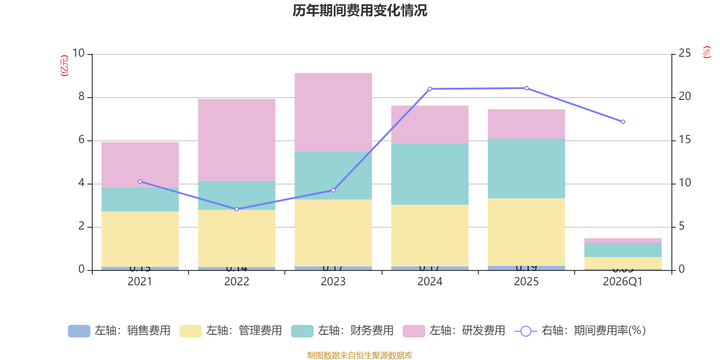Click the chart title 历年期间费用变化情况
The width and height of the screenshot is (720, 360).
tap(360, 11)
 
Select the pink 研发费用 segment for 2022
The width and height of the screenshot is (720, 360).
tap(237, 139)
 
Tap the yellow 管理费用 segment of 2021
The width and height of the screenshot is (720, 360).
tap(140, 239)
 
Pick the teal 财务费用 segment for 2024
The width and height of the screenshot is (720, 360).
tap(430, 174)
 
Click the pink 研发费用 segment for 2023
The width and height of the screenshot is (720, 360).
tap(333, 112)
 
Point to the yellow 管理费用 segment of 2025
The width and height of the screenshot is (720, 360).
tap(526, 232)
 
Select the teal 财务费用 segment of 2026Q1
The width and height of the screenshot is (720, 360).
tap(623, 250)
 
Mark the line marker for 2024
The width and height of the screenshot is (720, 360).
tap(430, 89)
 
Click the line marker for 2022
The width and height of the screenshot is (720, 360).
tap(237, 209)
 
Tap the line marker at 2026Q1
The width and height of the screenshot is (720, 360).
tap(623, 122)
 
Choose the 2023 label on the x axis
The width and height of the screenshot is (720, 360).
tap(333, 282)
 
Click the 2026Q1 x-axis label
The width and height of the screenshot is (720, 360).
tap(623, 282)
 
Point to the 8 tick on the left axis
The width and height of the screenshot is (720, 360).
tap(81, 97)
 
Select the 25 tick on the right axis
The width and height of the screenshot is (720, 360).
tap(684, 54)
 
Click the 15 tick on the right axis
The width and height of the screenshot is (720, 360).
tap(684, 140)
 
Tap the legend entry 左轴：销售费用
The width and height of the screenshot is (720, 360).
tap(119, 331)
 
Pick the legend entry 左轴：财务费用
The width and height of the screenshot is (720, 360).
tap(342, 331)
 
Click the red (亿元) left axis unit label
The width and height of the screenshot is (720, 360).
tap(64, 66)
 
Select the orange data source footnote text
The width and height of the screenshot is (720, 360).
tap(360, 355)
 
